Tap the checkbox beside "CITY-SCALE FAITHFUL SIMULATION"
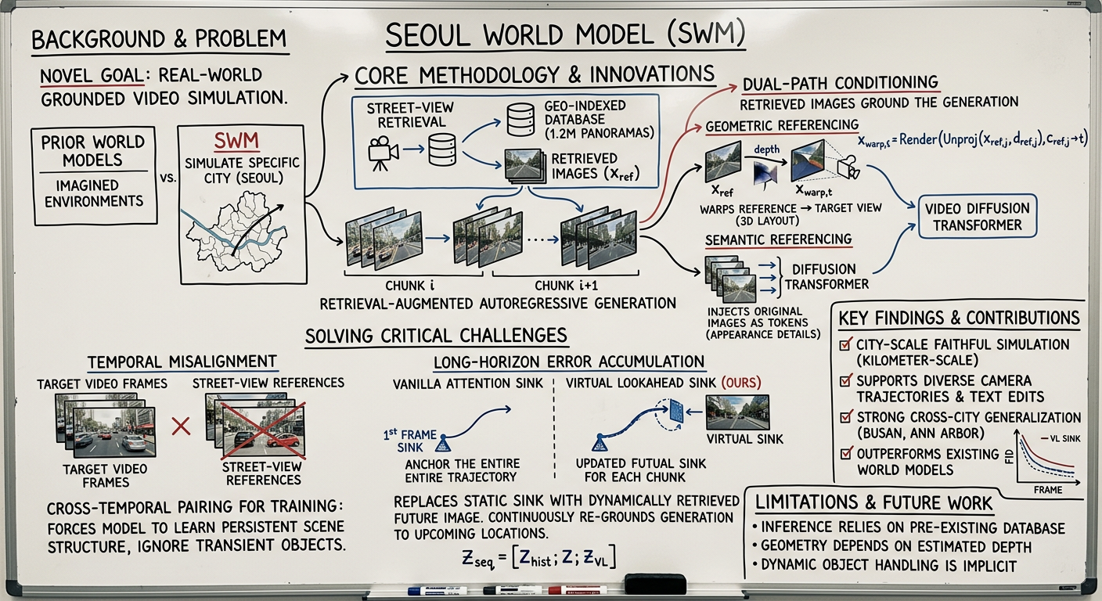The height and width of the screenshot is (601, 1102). click(845, 345)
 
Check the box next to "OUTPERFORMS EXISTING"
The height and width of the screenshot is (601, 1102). click(845, 453)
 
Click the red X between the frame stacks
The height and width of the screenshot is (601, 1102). click(181, 426)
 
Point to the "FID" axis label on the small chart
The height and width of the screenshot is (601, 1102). click(1008, 452)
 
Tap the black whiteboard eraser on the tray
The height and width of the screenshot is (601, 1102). click(654, 583)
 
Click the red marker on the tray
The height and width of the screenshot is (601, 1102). click(577, 589)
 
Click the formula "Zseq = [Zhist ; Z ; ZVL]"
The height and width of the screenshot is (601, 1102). click(541, 557)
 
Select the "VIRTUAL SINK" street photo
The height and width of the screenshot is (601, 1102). click(737, 412)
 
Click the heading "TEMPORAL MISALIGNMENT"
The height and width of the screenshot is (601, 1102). click(182, 362)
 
